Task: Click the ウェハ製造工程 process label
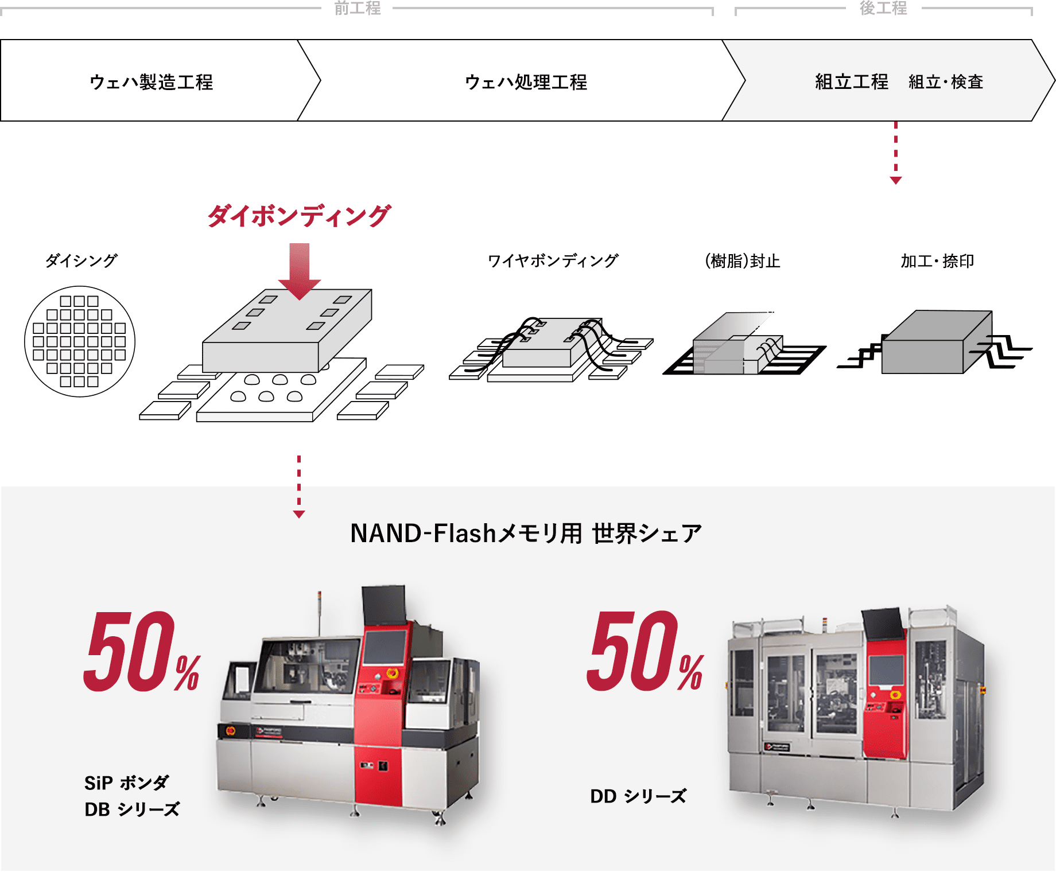tap(152, 82)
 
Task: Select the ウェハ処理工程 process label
tap(526, 82)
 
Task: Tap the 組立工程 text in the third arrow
tap(852, 82)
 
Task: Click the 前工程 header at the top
tap(358, 7)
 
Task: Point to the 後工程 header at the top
tap(883, 7)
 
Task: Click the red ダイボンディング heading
tap(299, 216)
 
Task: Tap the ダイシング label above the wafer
tap(81, 260)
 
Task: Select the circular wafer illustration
tap(80, 341)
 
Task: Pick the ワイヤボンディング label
tap(553, 260)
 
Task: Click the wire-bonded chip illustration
tap(551, 349)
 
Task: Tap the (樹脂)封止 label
tap(742, 261)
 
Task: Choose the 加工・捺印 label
tap(937, 261)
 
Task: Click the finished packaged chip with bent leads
tap(934, 342)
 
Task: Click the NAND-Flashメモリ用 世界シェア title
tap(526, 533)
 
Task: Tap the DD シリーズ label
tap(638, 796)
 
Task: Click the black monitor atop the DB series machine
tap(383, 605)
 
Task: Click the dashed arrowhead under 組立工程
tap(896, 180)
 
